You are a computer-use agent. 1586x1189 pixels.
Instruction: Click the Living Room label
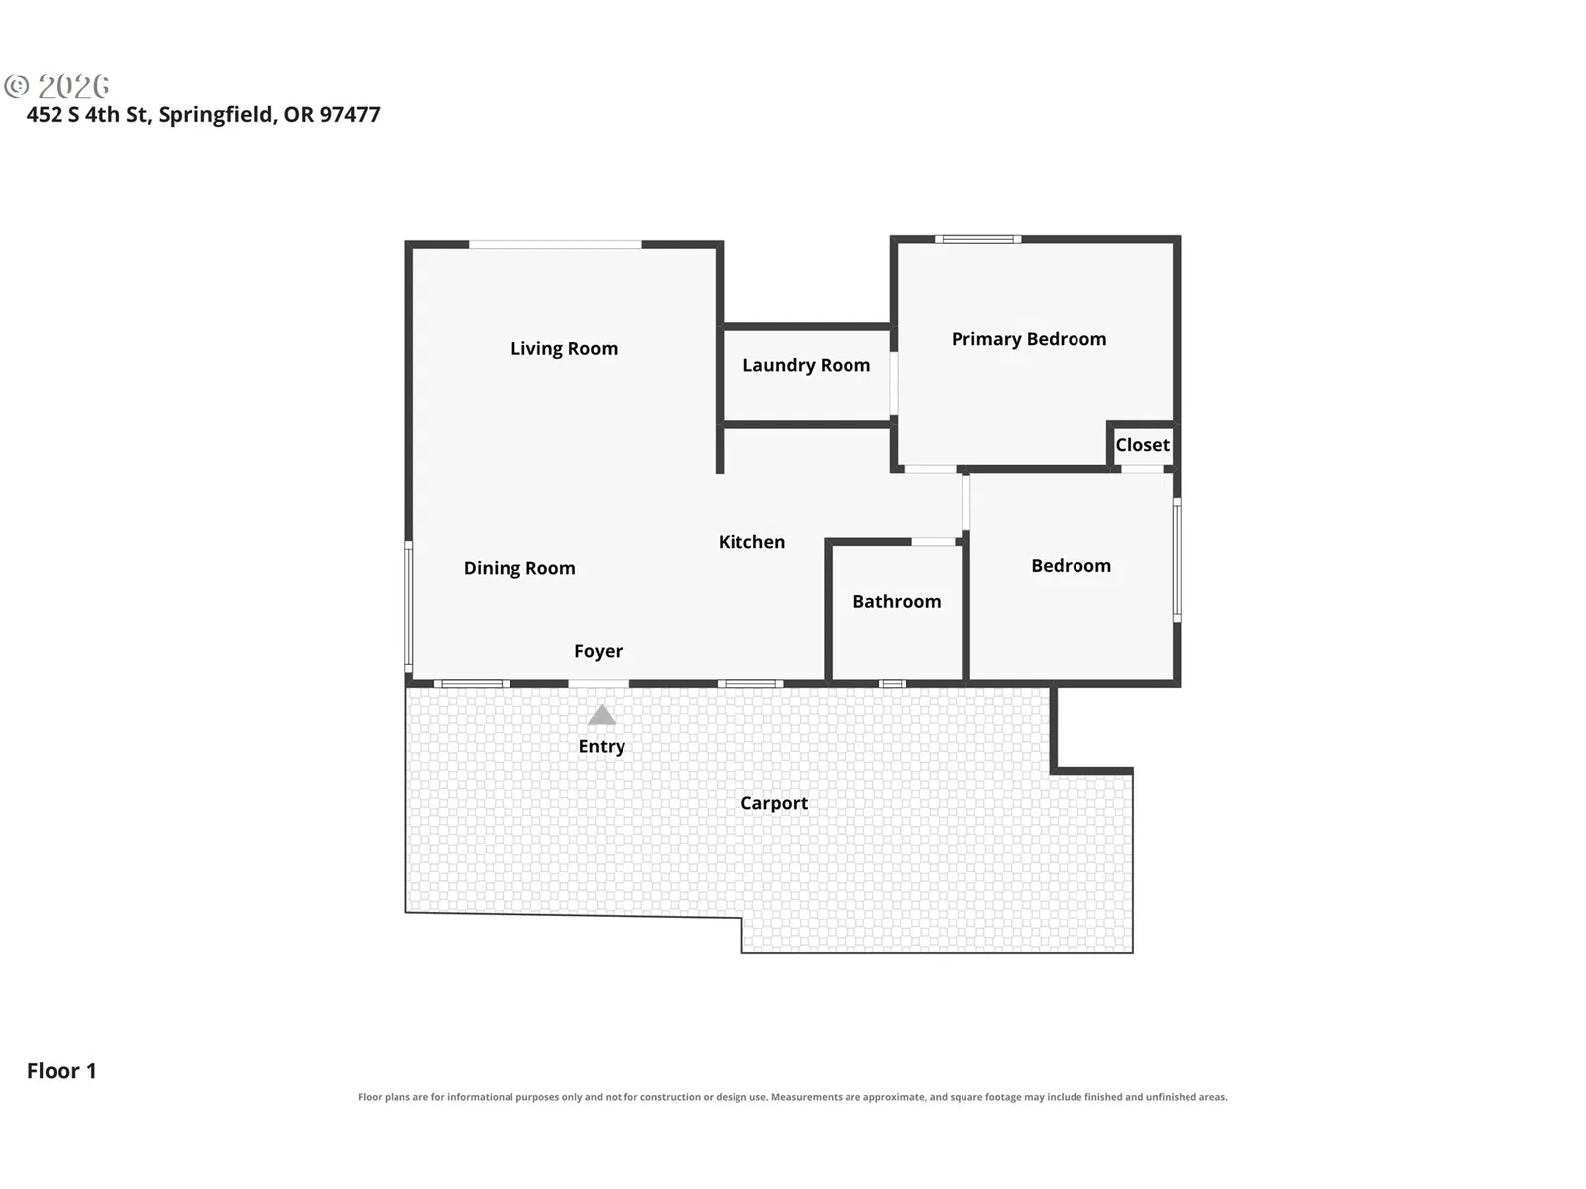click(x=564, y=349)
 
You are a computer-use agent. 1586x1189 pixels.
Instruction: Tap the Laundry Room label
click(x=806, y=366)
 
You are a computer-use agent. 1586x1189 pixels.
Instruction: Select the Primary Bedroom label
click(x=1028, y=339)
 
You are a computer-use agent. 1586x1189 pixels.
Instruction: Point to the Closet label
click(x=1142, y=445)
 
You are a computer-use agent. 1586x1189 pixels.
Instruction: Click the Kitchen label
click(x=751, y=542)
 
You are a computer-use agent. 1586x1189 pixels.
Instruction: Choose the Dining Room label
click(x=519, y=568)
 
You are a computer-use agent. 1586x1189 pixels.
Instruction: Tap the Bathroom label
click(x=897, y=602)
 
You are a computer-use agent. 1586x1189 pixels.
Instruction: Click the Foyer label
click(x=599, y=651)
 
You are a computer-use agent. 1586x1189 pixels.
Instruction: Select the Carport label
click(x=774, y=803)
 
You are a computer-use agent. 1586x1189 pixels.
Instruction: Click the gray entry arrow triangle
click(x=601, y=716)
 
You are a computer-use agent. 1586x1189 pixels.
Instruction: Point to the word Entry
click(x=601, y=746)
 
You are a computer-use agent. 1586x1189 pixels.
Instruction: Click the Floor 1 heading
click(x=61, y=1071)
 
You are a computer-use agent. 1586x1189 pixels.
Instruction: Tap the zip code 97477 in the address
click(x=350, y=115)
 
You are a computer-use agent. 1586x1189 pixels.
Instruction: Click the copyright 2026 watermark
click(x=57, y=86)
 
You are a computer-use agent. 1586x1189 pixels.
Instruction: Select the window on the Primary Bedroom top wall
click(x=977, y=239)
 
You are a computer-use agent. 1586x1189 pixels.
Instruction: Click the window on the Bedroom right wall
click(x=1177, y=560)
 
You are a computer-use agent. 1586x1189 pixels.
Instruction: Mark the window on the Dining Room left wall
click(x=409, y=607)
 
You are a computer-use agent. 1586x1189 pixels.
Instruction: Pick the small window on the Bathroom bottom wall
click(x=892, y=684)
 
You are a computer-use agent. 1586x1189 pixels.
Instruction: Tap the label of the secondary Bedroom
click(x=1071, y=566)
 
